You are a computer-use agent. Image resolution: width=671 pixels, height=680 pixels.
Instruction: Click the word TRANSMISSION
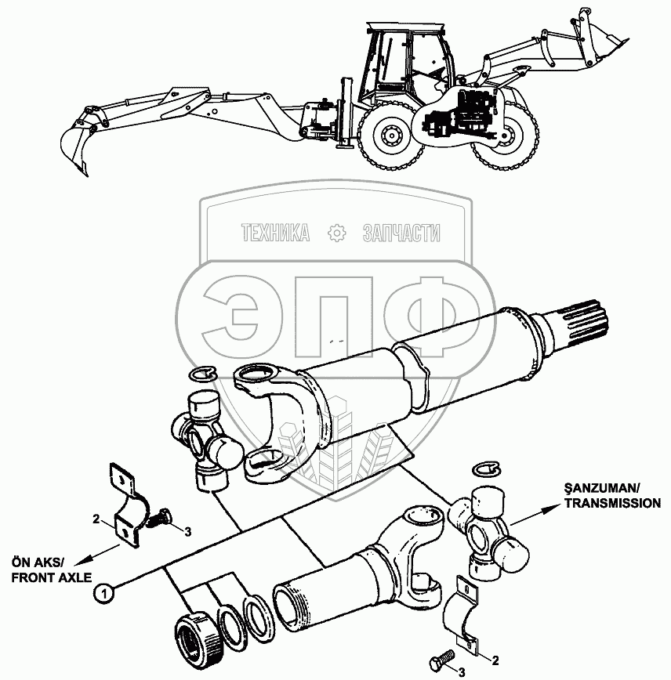(x=612, y=504)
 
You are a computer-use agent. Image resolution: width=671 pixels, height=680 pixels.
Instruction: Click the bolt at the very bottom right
(x=442, y=656)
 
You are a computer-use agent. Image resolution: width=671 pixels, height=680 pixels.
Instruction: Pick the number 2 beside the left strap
(x=95, y=519)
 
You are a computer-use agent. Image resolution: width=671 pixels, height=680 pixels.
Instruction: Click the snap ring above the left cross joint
(x=205, y=377)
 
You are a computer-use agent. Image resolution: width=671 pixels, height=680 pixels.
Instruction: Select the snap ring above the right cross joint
(x=486, y=468)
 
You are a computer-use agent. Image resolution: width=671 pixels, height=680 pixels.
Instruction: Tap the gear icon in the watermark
(x=335, y=233)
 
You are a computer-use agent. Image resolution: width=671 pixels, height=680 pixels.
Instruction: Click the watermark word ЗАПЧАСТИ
(x=402, y=233)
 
